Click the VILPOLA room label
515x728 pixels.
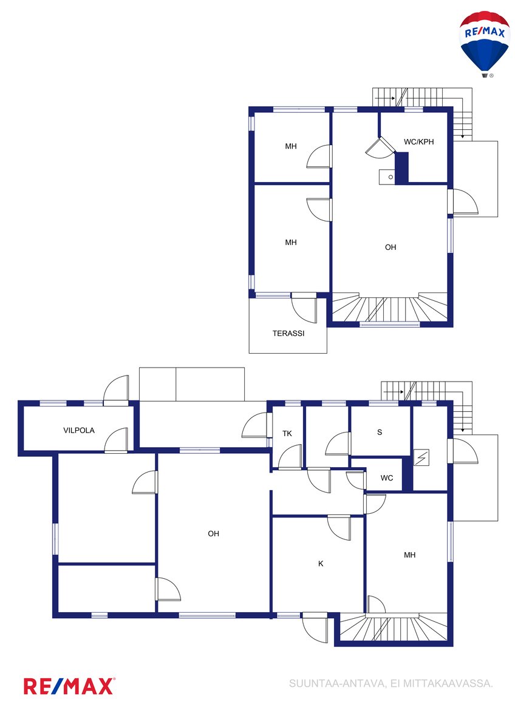pos(79,430)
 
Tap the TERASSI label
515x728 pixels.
pos(288,333)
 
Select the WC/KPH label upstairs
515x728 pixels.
pos(418,142)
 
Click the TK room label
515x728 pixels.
pos(287,433)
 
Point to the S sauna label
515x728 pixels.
pos(380,432)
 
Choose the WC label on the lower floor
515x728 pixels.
pos(386,478)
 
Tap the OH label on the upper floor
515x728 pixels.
pos(391,247)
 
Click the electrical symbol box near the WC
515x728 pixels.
pos(421,457)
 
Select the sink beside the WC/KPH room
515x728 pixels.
pos(387,177)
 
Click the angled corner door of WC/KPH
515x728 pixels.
pos(380,147)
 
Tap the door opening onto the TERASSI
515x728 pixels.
pos(304,308)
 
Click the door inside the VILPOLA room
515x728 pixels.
pos(116,440)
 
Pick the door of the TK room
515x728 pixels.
pos(290,457)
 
